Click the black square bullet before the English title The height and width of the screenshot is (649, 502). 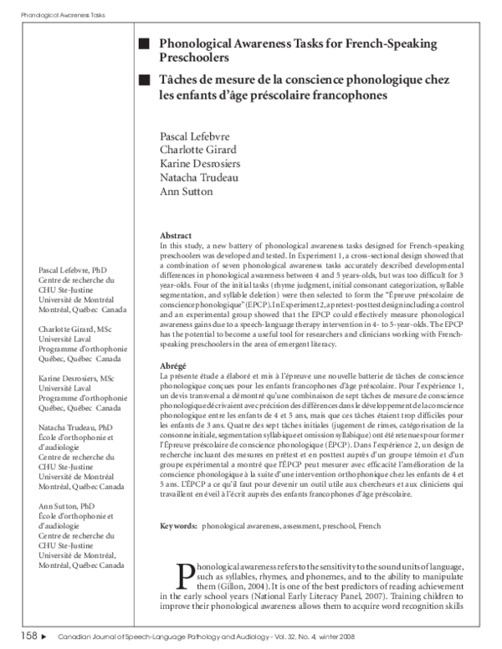tap(145, 43)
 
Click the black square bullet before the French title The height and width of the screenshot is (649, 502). tap(145, 79)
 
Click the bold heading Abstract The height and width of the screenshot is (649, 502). tap(176, 236)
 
